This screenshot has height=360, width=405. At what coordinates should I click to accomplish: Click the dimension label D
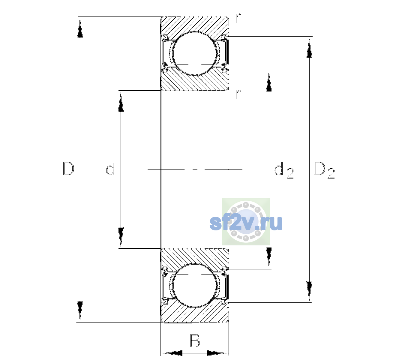(68, 169)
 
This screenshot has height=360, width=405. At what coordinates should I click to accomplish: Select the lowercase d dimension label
(110, 169)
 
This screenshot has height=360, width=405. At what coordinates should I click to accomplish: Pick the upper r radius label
(238, 18)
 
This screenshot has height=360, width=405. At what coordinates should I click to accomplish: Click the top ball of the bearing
(195, 53)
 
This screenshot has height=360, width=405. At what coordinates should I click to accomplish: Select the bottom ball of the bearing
(195, 285)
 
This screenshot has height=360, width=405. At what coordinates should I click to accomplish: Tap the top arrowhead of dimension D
(80, 28)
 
